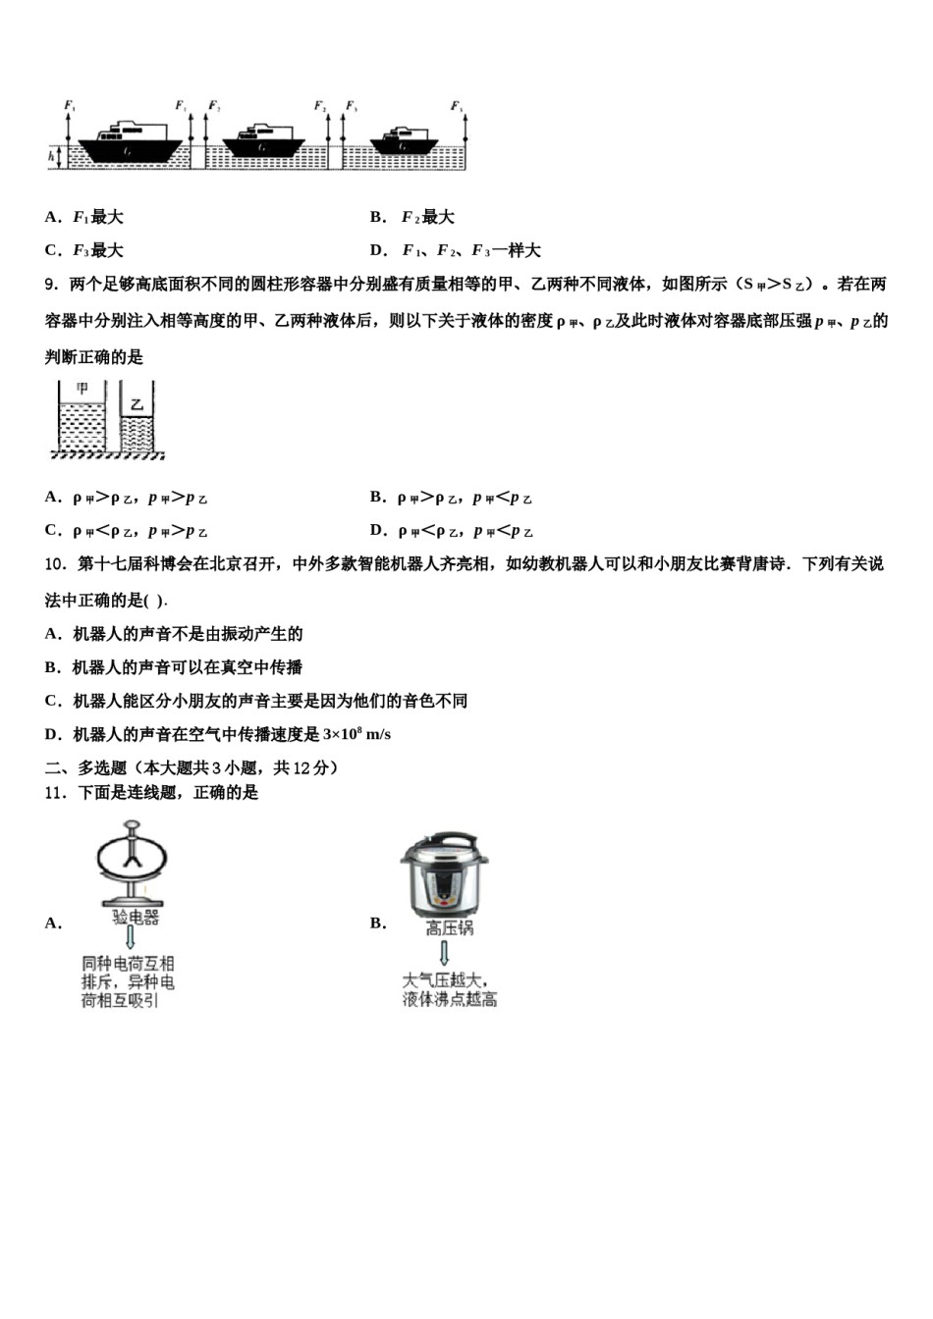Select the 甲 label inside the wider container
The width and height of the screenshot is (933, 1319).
click(82, 390)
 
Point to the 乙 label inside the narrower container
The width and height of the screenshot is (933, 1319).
click(137, 403)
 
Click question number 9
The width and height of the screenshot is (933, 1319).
click(52, 285)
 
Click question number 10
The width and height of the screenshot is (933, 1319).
click(55, 564)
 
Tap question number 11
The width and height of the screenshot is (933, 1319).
click(55, 793)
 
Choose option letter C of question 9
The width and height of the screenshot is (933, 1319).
click(52, 530)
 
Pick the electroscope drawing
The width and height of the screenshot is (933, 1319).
click(131, 864)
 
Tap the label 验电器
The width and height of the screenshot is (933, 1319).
click(136, 918)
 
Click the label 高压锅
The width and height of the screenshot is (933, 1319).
click(450, 927)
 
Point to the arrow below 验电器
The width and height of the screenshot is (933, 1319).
click(130, 940)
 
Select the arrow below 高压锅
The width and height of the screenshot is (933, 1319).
click(445, 953)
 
